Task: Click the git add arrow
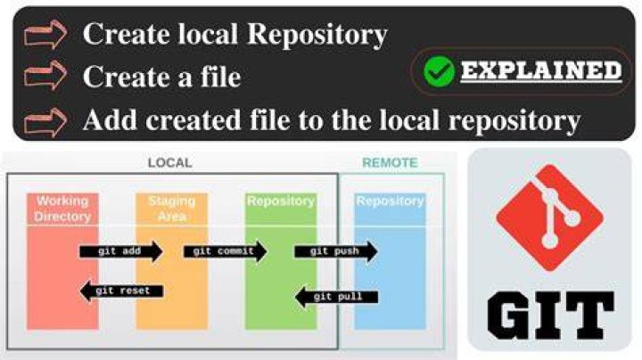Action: [x=121, y=251]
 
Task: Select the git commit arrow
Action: [x=226, y=251]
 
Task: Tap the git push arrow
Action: [x=336, y=251]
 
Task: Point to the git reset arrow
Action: [x=121, y=290]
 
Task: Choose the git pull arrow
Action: [x=336, y=297]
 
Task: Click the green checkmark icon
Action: [x=439, y=71]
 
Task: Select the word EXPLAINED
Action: [x=541, y=70]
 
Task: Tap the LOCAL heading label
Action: [x=170, y=163]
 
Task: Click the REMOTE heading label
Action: [x=390, y=163]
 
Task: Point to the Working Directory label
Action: [x=62, y=209]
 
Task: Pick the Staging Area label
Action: [x=172, y=209]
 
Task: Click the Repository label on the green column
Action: [x=281, y=200]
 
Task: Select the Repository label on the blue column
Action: [x=390, y=200]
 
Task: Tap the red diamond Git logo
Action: [x=549, y=217]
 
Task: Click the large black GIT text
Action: [x=550, y=315]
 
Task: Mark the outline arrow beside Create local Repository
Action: [x=45, y=35]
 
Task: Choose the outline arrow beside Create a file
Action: [x=45, y=75]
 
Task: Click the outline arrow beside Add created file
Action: [x=45, y=122]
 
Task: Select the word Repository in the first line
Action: [x=317, y=35]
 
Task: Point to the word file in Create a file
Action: [x=220, y=76]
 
